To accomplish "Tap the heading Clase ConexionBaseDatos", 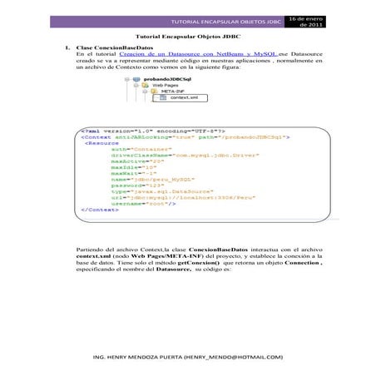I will (108, 49).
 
